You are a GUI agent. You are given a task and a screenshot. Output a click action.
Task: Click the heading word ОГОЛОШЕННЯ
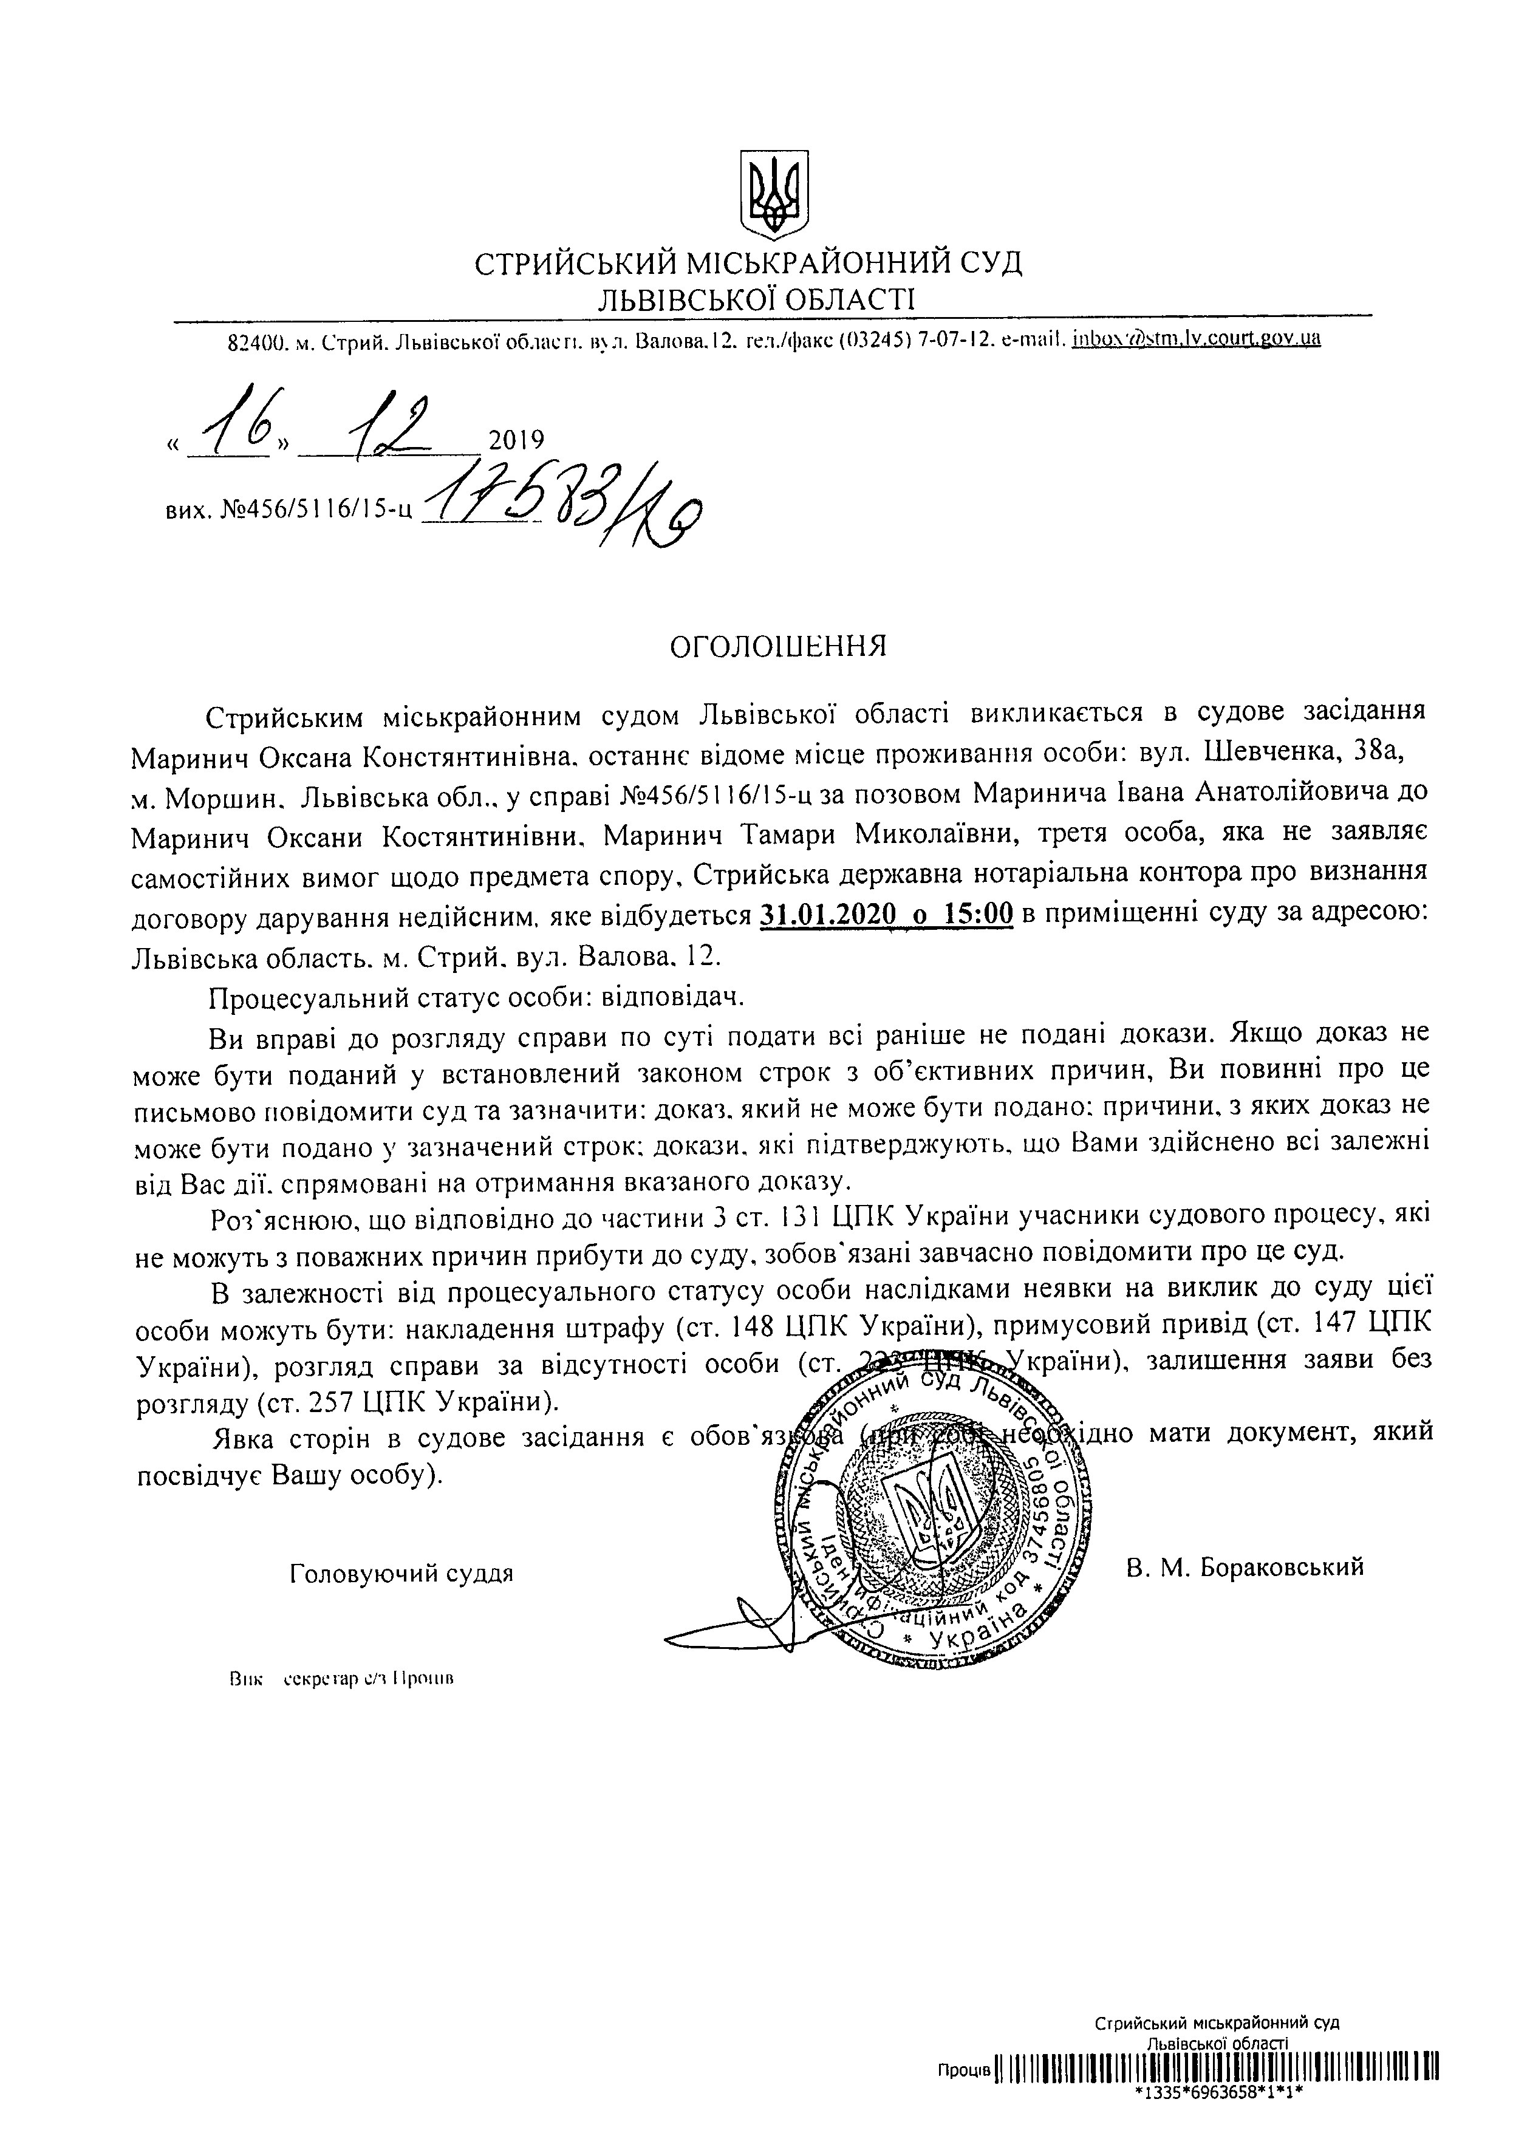(x=776, y=647)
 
